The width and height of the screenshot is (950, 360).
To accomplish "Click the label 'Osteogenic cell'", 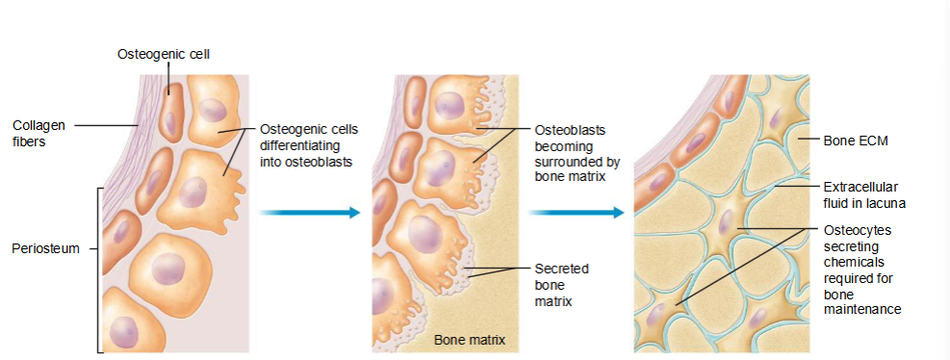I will (x=163, y=54).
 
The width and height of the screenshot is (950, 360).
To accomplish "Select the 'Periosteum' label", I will (x=45, y=249).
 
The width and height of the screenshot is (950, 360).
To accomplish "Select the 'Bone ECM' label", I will (x=855, y=141).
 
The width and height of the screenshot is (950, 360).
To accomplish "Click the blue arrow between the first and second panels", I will (x=308, y=212).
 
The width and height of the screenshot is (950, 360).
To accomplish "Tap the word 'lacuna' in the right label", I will (x=885, y=203).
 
